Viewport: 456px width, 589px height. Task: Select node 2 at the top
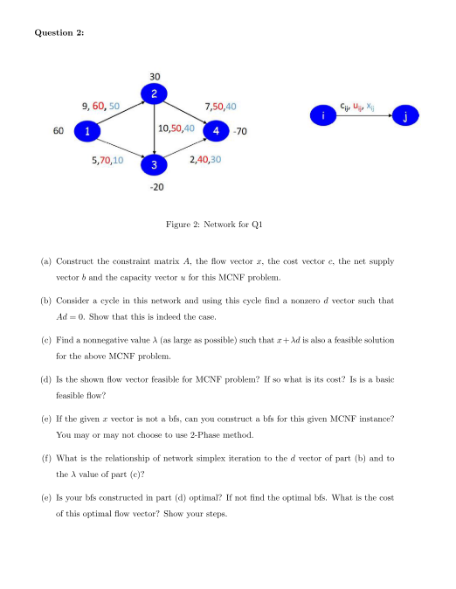click(154, 93)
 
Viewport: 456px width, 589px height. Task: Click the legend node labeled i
click(324, 114)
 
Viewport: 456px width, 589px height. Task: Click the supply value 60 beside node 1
click(59, 131)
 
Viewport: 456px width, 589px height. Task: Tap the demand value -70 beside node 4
click(240, 132)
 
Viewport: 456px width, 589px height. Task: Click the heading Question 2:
click(65, 33)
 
